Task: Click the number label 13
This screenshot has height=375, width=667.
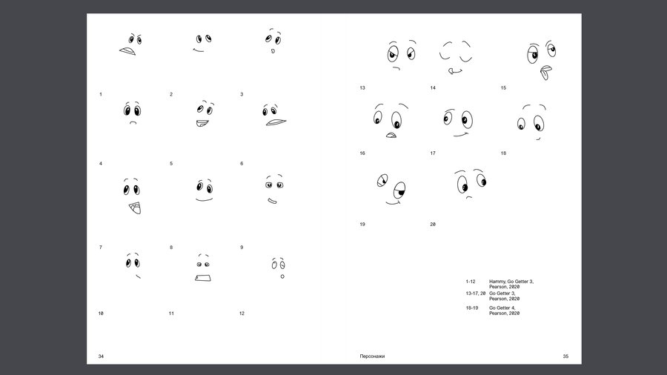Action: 362,88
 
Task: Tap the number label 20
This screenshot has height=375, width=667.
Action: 433,225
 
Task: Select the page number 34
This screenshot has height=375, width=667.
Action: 101,356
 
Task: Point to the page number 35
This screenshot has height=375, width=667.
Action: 565,356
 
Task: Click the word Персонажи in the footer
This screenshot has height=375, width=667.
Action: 372,356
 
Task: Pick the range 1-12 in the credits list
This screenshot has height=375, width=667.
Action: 471,282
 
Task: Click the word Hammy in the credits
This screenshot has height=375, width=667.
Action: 497,282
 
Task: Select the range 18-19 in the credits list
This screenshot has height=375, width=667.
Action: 472,308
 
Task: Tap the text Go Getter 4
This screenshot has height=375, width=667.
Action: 502,308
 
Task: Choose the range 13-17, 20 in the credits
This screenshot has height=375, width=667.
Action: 476,293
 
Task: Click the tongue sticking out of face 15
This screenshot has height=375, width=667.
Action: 545,73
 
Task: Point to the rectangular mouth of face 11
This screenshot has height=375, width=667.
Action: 203,278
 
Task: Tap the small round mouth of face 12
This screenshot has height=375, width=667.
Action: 282,276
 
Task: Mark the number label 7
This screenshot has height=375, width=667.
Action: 100,248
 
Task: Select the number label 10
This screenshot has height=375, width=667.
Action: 101,313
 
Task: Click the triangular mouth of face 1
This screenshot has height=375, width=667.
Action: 127,51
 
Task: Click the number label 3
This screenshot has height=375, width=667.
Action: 242,94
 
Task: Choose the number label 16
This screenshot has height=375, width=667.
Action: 362,153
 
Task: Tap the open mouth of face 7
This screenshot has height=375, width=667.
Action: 135,208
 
